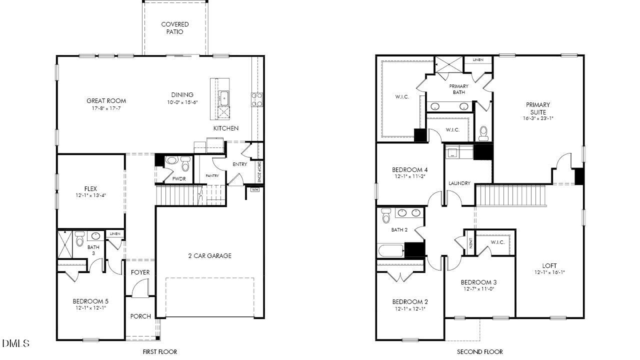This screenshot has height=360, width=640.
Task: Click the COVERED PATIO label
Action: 175,28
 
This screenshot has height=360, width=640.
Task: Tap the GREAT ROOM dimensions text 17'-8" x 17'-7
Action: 106,108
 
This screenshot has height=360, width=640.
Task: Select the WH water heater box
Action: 255,189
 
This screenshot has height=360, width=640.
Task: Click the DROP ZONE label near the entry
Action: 259,171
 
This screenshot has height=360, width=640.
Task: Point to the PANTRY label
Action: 212,176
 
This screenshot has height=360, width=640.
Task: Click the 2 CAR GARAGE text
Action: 209,256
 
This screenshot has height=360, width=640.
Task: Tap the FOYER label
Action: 140,272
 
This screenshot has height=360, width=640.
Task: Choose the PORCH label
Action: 140,316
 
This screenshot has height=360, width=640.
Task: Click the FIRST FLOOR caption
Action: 160,352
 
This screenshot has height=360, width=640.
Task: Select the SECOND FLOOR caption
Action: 479,352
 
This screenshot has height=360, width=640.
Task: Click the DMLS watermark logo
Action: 16,343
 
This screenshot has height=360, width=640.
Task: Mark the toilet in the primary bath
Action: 483,132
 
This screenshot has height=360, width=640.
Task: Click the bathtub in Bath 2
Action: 391,250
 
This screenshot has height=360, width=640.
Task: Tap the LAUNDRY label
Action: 459,183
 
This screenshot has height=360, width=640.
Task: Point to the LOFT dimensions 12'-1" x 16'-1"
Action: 549,273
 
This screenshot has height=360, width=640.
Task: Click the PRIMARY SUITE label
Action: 537,108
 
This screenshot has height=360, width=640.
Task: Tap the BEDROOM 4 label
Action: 409,169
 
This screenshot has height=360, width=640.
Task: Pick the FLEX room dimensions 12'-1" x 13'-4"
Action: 90,195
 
